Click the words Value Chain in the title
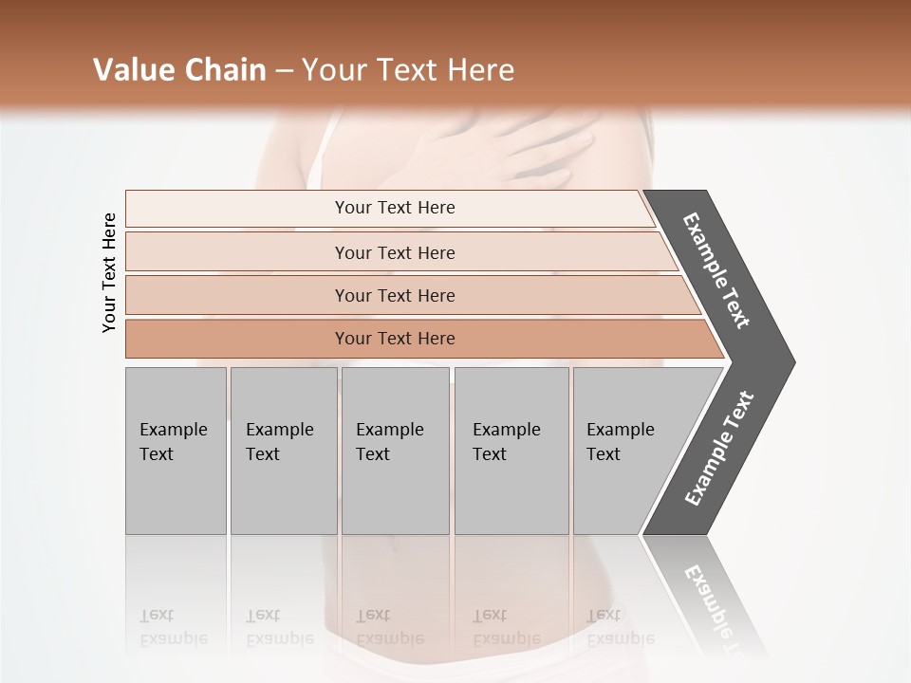coord(179,70)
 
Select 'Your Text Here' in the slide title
coord(408,70)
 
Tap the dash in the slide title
coord(284,71)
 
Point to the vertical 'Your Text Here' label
coord(109,272)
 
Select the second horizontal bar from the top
coord(394,252)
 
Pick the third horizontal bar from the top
coord(394,295)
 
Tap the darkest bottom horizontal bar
coord(394,339)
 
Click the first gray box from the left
coord(176,451)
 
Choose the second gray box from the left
coord(283,451)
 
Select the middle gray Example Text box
coord(395,451)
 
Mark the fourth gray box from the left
coord(511,451)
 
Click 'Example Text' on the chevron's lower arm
coord(718,449)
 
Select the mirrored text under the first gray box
coord(173,627)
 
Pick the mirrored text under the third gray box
coord(389,627)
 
